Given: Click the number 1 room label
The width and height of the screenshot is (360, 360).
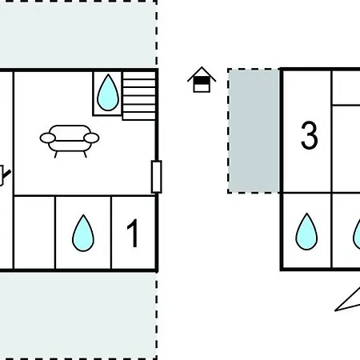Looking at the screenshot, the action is click(133, 234).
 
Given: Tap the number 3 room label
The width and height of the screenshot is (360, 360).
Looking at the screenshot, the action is click(310, 135).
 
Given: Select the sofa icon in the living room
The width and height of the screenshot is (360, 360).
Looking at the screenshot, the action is click(70, 141).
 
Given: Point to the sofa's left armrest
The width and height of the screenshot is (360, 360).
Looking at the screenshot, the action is click(48, 138).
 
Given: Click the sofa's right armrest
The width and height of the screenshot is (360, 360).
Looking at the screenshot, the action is click(91, 138).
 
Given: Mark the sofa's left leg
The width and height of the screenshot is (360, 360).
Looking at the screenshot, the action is click(56, 154).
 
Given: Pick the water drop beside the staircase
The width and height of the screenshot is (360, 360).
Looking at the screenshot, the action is click(108, 92).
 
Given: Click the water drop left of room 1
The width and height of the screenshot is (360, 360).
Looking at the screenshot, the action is click(83, 233).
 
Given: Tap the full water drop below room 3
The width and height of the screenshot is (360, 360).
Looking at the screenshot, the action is click(306, 231).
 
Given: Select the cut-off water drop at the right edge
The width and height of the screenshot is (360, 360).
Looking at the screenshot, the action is click(357, 234).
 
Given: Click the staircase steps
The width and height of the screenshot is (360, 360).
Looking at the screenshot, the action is click(139, 95).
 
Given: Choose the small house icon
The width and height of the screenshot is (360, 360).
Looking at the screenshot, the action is click(202, 79).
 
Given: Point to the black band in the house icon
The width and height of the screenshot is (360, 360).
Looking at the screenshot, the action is click(202, 80).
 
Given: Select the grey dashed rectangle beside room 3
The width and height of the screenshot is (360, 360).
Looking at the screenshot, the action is click(254, 130).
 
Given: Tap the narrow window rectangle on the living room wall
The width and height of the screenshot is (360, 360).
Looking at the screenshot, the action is click(157, 177).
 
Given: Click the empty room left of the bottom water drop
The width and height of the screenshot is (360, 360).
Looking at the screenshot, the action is click(34, 233).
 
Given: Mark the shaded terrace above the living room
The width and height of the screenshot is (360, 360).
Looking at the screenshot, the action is click(78, 34).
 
